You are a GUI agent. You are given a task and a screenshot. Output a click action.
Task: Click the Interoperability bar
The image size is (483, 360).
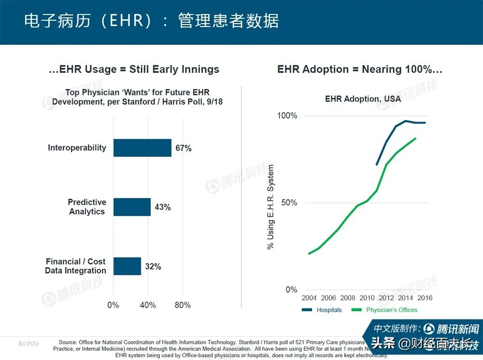(142, 148)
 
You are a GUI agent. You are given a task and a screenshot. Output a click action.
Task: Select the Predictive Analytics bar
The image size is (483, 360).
(132, 207)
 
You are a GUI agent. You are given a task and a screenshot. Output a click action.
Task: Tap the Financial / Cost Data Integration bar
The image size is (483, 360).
(127, 266)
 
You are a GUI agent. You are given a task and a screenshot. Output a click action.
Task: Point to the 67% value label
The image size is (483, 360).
(184, 148)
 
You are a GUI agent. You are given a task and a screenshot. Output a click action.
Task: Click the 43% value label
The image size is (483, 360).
(162, 208)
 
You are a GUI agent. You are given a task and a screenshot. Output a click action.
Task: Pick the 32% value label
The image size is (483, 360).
(153, 266)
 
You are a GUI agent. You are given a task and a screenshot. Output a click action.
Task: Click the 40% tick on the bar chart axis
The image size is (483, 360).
(148, 305)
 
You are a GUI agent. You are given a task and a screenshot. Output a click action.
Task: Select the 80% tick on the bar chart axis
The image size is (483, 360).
(183, 305)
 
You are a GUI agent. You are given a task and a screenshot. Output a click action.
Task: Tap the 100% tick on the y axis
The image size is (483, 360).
(287, 116)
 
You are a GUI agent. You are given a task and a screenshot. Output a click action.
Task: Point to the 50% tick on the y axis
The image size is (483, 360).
(289, 203)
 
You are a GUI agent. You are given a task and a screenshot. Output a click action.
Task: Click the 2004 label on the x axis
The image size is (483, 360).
(309, 298)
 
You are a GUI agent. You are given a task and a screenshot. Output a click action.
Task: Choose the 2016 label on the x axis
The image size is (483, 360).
(425, 298)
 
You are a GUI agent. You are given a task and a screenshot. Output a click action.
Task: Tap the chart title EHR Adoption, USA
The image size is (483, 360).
(363, 99)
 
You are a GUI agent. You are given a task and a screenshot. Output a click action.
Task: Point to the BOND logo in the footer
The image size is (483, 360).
(28, 344)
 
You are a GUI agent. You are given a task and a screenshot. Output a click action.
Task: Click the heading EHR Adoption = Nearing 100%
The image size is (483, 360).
(360, 69)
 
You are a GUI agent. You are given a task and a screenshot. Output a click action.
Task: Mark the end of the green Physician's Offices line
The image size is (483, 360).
(415, 138)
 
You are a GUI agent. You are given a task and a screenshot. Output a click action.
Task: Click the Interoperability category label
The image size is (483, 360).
(77, 148)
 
